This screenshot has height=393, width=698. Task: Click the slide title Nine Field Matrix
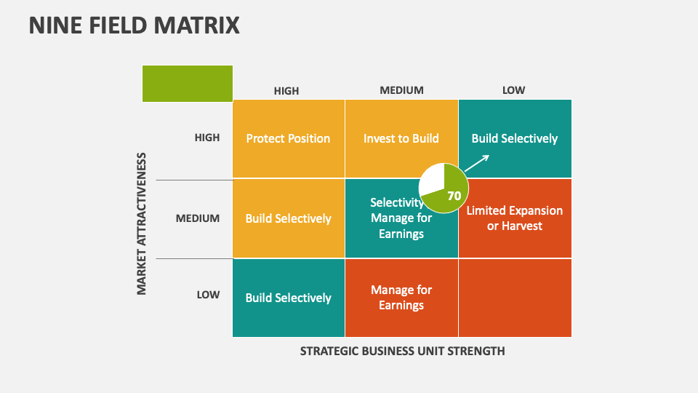[134, 25]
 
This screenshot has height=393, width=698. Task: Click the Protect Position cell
[288, 138]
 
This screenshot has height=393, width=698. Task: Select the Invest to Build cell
[401, 138]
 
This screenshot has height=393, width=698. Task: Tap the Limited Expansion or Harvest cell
[515, 218]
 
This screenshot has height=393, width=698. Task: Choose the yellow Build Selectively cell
[288, 218]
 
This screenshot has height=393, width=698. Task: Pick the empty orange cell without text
[515, 298]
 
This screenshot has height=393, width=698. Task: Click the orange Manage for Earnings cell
[401, 298]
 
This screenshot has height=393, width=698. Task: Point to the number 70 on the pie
[454, 196]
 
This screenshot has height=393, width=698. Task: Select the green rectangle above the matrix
[188, 83]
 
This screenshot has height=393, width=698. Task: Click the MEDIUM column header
[401, 90]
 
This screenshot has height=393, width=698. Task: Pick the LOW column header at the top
[513, 90]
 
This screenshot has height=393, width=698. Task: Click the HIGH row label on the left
[207, 138]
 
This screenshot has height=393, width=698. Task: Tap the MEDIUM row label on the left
[198, 218]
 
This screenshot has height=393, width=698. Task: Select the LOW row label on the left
[208, 295]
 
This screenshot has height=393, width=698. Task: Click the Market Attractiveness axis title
[142, 223]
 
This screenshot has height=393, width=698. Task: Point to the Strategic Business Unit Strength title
[402, 351]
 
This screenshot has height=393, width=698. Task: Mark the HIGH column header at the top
[286, 91]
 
